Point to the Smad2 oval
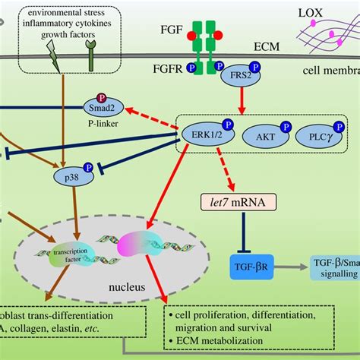pyautogui.click(x=102, y=109)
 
